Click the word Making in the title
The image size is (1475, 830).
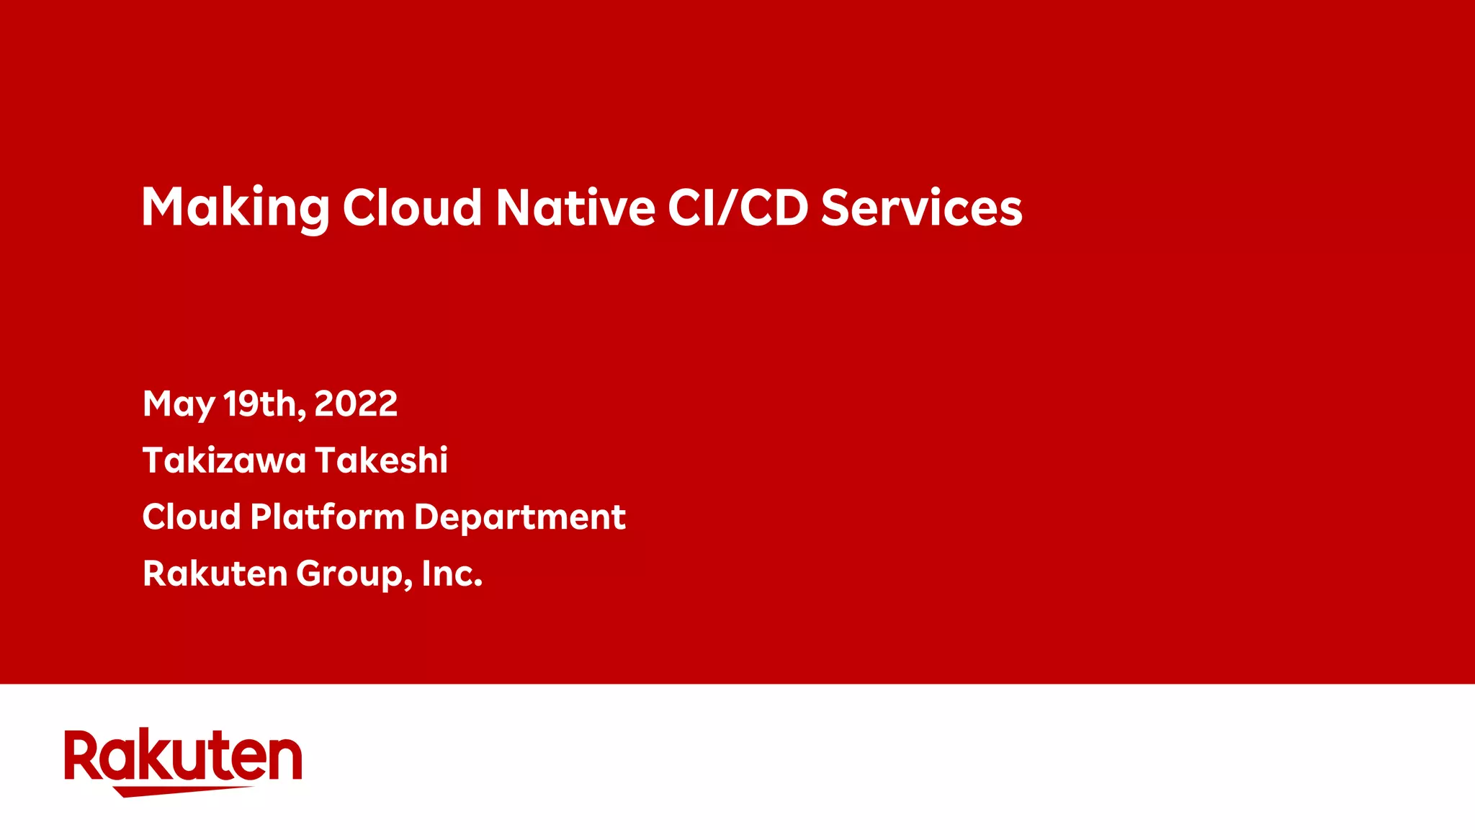pyautogui.click(x=236, y=207)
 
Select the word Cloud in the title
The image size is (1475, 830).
pyautogui.click(x=412, y=207)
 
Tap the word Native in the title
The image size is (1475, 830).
pyautogui.click(x=575, y=207)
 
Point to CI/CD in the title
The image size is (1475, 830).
pyautogui.click(x=738, y=207)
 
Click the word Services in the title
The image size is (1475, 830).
pyautogui.click(x=921, y=207)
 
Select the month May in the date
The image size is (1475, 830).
pyautogui.click(x=179, y=404)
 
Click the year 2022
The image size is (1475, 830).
pyautogui.click(x=356, y=403)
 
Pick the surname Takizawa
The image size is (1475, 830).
pyautogui.click(x=224, y=460)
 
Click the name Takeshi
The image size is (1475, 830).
pyautogui.click(x=382, y=460)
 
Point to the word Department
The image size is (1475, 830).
pyautogui.click(x=520, y=518)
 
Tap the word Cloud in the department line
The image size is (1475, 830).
pyautogui.click(x=192, y=517)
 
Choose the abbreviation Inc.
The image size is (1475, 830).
pyautogui.click(x=452, y=574)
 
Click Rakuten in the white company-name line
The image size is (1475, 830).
pyautogui.click(x=215, y=574)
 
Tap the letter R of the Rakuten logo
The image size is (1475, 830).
pyautogui.click(x=81, y=755)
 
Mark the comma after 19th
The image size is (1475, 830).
pyautogui.click(x=301, y=413)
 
